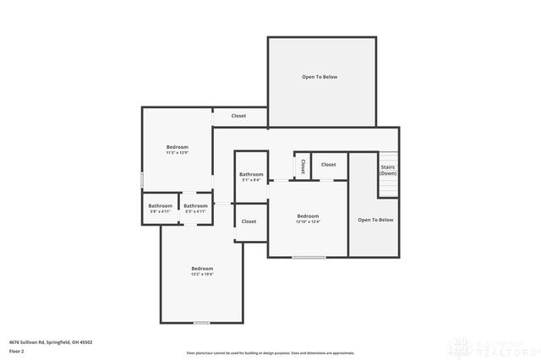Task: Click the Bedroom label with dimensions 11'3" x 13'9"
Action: click(x=177, y=150)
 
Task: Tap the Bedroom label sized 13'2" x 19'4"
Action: click(x=202, y=270)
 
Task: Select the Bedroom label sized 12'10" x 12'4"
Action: click(x=308, y=218)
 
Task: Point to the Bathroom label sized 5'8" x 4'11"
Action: click(x=160, y=208)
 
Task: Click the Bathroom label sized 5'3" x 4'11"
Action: click(x=195, y=208)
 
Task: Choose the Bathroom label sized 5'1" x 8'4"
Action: click(x=251, y=177)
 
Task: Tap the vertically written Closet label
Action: click(x=303, y=166)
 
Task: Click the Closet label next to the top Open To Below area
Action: click(x=239, y=116)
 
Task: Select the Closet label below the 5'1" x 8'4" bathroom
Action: click(x=249, y=221)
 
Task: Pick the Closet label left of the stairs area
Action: click(x=328, y=165)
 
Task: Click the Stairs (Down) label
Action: click(x=388, y=170)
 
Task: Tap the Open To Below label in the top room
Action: click(x=320, y=77)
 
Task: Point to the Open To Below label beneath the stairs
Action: click(x=375, y=220)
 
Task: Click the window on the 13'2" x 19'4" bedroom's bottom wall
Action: click(x=202, y=322)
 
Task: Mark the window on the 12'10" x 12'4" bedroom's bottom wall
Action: click(x=309, y=257)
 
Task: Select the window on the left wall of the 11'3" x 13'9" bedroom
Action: click(x=142, y=180)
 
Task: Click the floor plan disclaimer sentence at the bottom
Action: click(x=270, y=353)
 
